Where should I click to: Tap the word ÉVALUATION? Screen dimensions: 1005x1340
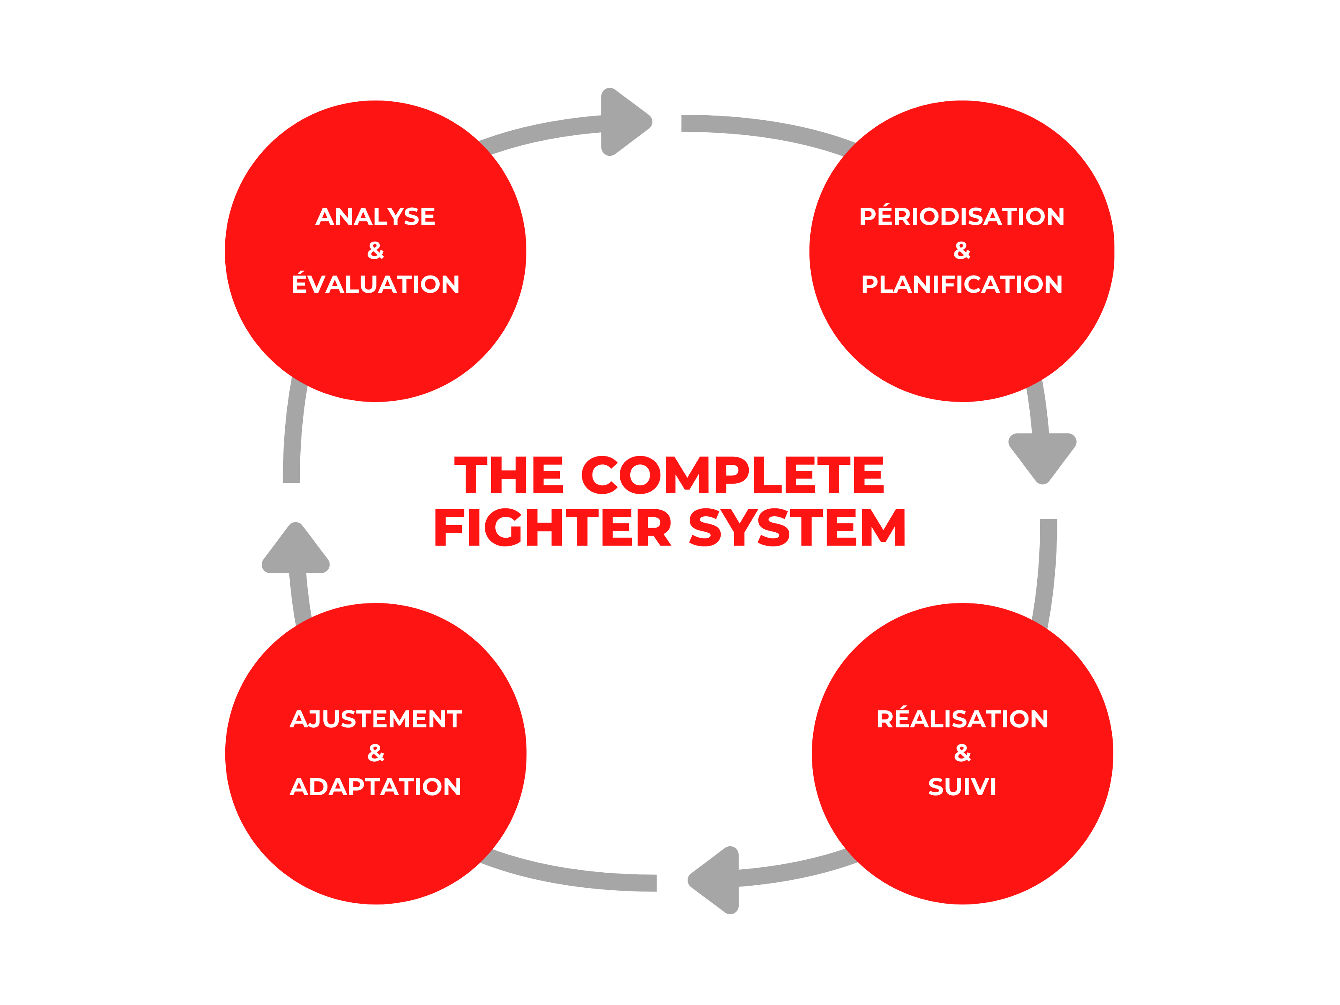(x=375, y=284)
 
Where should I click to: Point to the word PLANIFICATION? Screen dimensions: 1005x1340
(x=961, y=284)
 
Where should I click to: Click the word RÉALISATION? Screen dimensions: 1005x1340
(x=962, y=719)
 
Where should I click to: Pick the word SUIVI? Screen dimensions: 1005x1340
(x=962, y=787)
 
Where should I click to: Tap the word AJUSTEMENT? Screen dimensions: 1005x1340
(x=376, y=719)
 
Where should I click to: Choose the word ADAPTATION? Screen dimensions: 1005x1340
(x=376, y=787)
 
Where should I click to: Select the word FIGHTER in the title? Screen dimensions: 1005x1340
(x=552, y=528)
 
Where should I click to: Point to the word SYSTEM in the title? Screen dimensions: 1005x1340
(x=797, y=528)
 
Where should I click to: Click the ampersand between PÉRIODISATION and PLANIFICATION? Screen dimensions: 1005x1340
(x=962, y=250)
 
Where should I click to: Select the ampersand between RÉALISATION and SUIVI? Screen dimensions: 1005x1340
(x=962, y=753)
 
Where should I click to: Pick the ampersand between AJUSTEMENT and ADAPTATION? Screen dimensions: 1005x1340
(x=376, y=753)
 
